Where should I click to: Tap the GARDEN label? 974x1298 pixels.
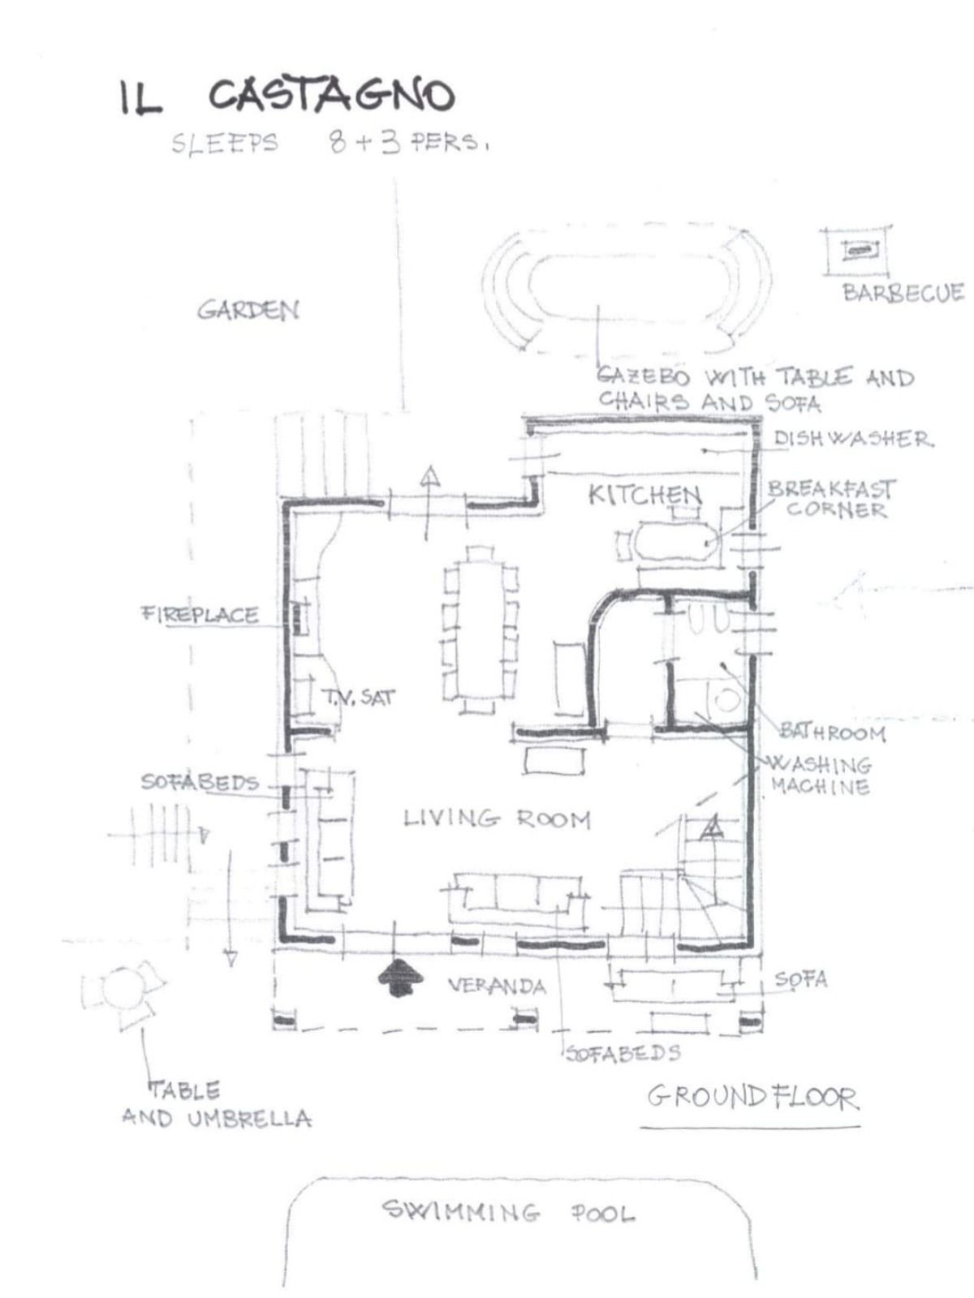(x=248, y=309)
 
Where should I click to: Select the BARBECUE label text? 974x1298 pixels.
(x=903, y=293)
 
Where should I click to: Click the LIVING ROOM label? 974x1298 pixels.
(x=497, y=819)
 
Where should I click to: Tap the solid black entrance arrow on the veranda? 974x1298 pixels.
(x=400, y=978)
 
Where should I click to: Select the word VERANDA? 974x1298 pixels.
(x=496, y=986)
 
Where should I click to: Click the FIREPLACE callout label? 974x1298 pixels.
(x=200, y=615)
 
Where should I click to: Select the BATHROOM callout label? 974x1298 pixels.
(x=833, y=733)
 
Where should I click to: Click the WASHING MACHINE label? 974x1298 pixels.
(x=821, y=776)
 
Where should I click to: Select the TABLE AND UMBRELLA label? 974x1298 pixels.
(x=216, y=1105)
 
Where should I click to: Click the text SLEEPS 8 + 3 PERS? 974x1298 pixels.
(x=330, y=144)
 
